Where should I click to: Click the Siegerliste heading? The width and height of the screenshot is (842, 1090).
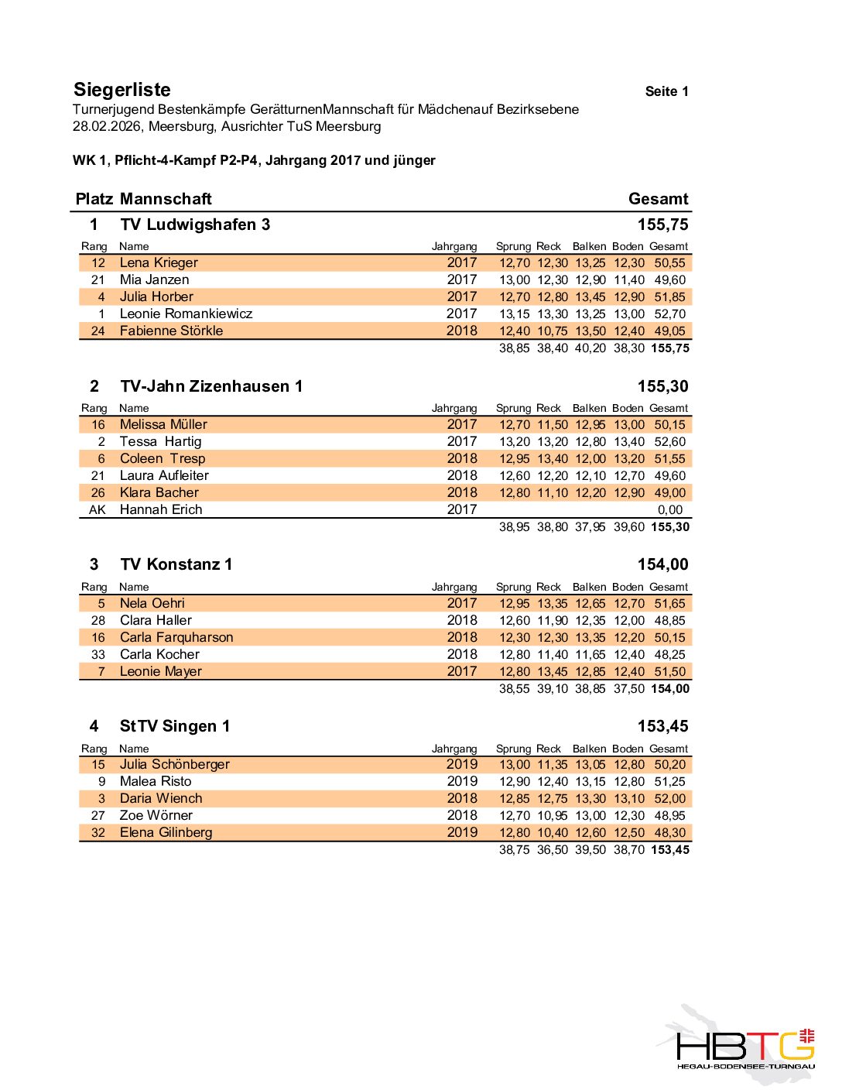(122, 90)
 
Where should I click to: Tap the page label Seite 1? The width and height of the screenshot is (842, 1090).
(666, 91)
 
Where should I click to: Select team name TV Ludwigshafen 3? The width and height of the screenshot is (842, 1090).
(195, 225)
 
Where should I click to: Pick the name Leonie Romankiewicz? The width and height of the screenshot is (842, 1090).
(186, 314)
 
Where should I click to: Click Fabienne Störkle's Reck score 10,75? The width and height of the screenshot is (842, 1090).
(553, 331)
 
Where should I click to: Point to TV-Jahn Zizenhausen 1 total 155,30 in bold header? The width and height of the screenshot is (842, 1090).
(662, 386)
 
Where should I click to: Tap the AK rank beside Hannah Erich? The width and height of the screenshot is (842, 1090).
(98, 509)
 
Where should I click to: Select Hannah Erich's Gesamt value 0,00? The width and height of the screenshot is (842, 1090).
(670, 509)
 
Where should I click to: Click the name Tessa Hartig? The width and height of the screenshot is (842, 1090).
(160, 441)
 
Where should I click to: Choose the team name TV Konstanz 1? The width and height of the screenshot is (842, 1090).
(176, 564)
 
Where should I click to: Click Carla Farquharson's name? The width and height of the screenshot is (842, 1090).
(176, 637)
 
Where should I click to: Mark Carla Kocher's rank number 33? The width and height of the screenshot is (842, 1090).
(98, 654)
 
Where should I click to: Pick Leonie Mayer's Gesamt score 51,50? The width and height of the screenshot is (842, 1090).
(670, 671)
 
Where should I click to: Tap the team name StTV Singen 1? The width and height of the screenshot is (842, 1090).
(174, 726)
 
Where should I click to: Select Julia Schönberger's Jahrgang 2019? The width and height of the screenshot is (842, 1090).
(462, 764)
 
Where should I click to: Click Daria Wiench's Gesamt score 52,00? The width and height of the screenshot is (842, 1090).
(670, 798)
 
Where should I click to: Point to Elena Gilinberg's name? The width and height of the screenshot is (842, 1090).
(166, 832)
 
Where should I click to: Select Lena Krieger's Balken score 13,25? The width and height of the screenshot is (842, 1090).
(590, 262)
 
